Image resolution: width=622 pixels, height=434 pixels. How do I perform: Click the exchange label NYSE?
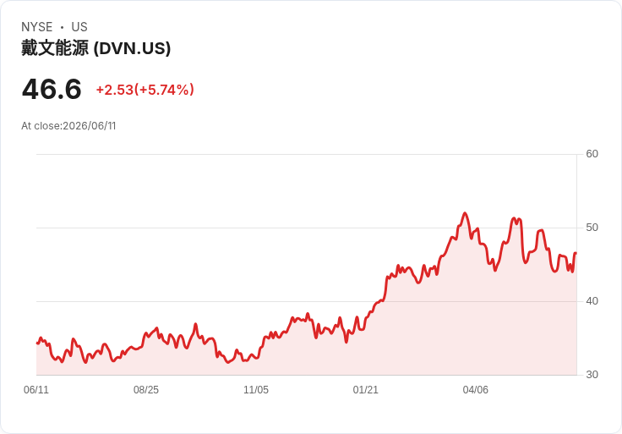click(37, 27)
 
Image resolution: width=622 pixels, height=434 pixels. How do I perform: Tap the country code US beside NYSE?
click(79, 27)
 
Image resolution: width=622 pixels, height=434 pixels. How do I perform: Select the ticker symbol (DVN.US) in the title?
click(132, 48)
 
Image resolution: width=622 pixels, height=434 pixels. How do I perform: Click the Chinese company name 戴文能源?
click(55, 48)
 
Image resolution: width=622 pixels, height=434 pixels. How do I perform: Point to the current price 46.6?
click(52, 89)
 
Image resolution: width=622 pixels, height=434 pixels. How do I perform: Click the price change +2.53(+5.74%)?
click(145, 90)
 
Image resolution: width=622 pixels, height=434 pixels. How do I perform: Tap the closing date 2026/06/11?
click(90, 126)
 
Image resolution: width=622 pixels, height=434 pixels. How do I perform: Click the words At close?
click(41, 126)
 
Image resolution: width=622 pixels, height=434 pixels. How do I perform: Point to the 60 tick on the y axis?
click(592, 154)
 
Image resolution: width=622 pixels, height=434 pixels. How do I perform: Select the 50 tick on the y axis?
click(592, 228)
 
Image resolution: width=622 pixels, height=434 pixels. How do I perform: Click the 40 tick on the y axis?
click(592, 301)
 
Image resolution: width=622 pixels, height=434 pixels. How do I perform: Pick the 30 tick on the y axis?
click(592, 375)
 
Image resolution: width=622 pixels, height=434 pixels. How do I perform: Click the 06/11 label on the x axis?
click(36, 390)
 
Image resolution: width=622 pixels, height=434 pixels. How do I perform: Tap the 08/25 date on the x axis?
click(146, 390)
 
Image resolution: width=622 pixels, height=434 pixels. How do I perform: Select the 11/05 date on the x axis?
click(256, 390)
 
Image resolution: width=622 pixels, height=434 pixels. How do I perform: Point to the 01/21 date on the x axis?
click(366, 390)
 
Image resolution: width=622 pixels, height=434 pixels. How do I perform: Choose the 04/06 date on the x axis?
click(475, 390)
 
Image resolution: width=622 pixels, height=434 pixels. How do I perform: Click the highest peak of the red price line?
click(465, 213)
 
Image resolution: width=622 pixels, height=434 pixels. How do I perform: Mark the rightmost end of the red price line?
click(576, 253)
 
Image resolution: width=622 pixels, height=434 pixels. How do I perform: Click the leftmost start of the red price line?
click(37, 343)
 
